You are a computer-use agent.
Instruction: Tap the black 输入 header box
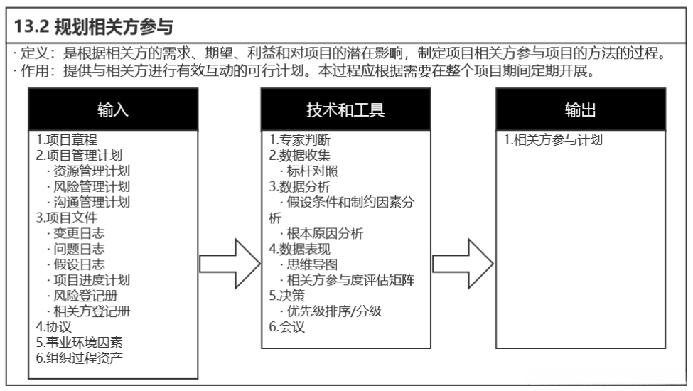(112, 109)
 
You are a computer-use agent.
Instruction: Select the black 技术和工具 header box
(345, 109)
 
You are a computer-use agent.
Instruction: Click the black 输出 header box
(580, 109)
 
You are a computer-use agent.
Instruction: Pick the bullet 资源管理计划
(88, 171)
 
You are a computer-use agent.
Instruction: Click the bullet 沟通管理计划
(88, 202)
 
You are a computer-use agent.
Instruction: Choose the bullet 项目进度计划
(88, 280)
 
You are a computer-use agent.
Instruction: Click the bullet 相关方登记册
(88, 311)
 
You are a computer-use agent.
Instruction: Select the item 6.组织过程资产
(79, 357)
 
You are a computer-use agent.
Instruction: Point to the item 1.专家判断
(299, 140)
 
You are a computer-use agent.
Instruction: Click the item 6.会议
(286, 326)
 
